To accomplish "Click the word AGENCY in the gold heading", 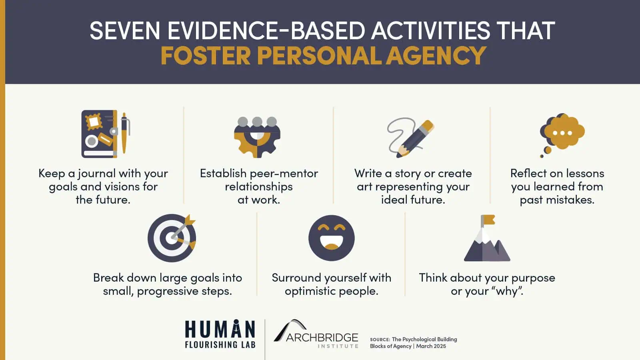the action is pos(436,56).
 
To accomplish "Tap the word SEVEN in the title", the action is pos(125,30).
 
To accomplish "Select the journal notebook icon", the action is pos(100,134).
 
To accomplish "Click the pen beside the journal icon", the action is pos(125,133).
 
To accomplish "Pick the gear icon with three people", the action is pos(257,137).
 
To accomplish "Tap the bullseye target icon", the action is pos(172,238).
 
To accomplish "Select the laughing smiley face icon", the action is pos(332,238).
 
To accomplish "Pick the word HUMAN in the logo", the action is pos(220,329).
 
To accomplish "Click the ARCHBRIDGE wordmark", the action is pos(322,338).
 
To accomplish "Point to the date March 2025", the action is pos(431,346).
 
